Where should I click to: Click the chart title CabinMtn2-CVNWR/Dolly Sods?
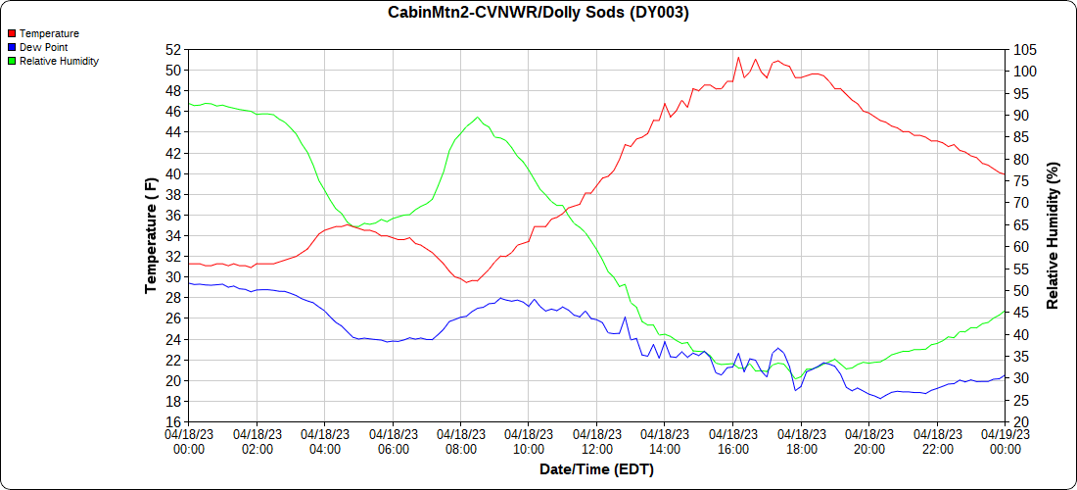(x=538, y=13)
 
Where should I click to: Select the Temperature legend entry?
(x=49, y=33)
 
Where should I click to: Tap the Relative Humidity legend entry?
(x=59, y=61)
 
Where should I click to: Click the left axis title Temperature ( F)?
(x=151, y=235)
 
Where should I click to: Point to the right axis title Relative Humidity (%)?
(x=1054, y=235)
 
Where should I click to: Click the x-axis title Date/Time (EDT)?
(x=596, y=469)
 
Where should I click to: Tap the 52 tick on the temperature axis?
(x=173, y=49)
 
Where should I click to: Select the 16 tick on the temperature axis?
(x=173, y=422)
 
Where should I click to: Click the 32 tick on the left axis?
(x=173, y=257)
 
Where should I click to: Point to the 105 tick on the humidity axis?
(x=1024, y=49)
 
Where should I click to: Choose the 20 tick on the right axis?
(x=1021, y=422)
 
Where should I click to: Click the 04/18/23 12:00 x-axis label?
(x=596, y=442)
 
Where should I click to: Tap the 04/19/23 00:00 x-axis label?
(x=1005, y=442)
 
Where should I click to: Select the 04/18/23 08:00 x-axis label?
(x=460, y=442)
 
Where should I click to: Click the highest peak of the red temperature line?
(x=738, y=57)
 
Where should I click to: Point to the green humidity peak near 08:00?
(x=478, y=118)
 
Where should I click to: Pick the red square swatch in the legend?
(x=12, y=33)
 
